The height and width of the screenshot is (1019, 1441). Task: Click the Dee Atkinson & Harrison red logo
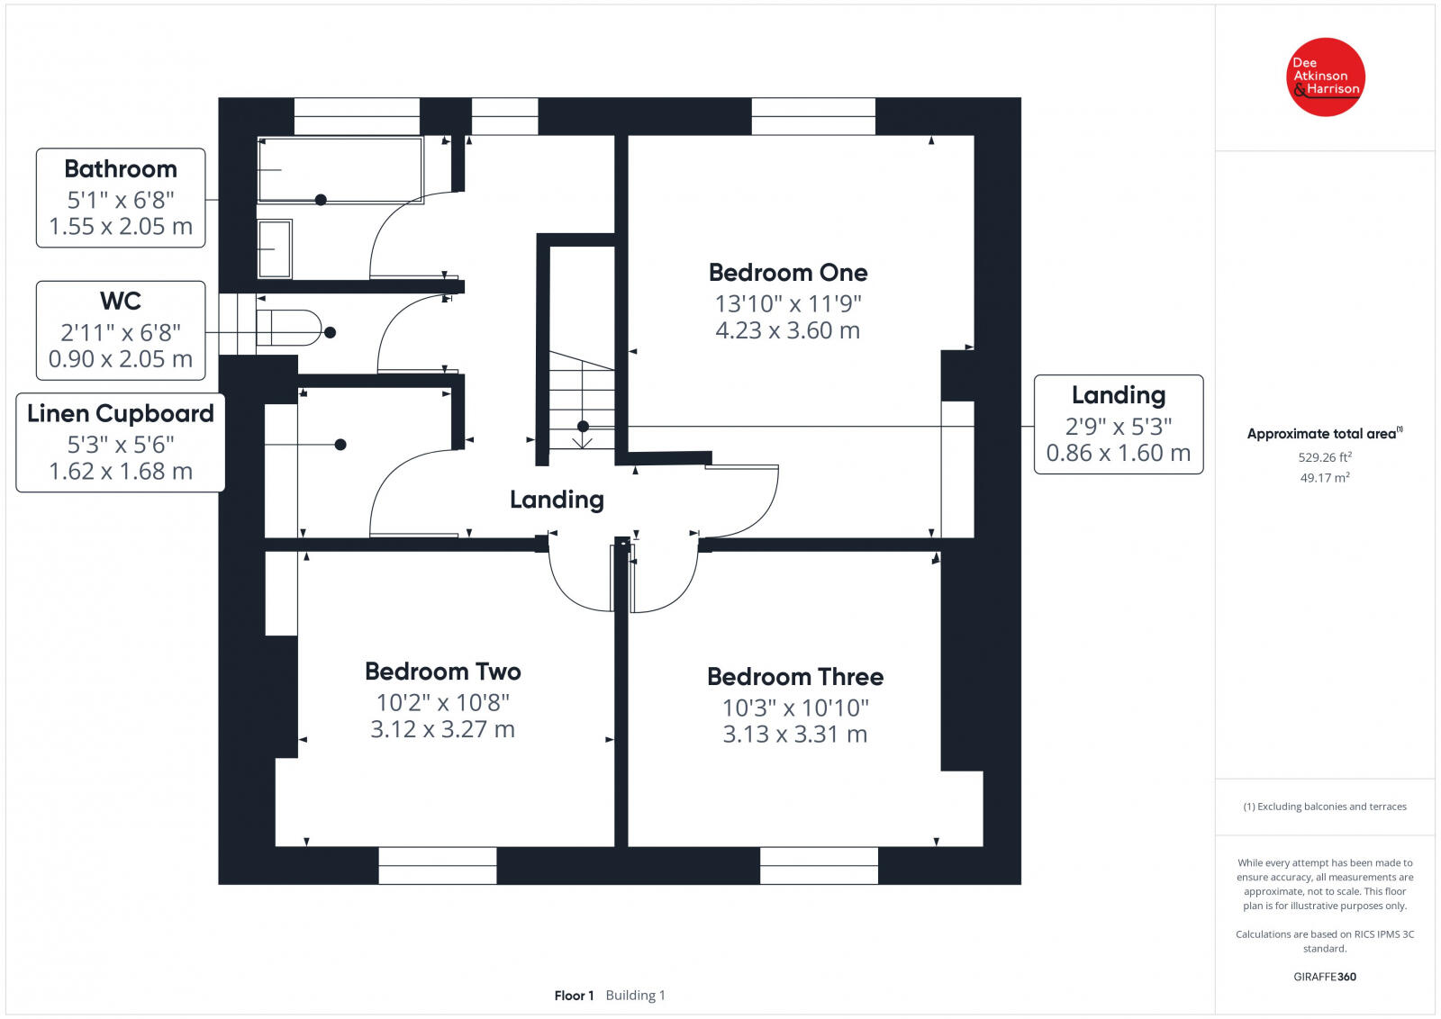(1326, 77)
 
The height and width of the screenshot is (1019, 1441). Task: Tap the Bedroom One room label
(788, 273)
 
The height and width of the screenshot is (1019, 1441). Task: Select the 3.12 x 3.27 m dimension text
(442, 729)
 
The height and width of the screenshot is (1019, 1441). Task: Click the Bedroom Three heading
(794, 677)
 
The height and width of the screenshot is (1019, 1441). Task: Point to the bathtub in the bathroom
(340, 168)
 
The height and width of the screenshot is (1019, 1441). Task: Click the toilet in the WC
(288, 328)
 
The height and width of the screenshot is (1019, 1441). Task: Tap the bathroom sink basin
(275, 248)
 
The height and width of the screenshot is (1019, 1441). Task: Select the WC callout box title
(121, 301)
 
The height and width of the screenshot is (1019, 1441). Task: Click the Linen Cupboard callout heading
(121, 413)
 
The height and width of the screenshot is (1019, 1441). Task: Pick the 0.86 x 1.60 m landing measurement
(1118, 453)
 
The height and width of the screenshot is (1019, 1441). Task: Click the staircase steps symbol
(582, 401)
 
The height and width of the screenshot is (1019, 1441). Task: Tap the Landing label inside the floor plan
(557, 500)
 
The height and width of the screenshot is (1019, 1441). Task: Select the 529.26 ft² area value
(1325, 457)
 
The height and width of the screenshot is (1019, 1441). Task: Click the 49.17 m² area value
(1325, 478)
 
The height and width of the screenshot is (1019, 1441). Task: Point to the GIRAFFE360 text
(1325, 977)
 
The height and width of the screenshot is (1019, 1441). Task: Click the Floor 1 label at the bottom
(574, 996)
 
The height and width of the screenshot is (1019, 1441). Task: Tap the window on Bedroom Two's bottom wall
(438, 865)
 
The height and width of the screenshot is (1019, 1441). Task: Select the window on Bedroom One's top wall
(813, 116)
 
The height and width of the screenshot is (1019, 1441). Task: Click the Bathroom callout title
(121, 169)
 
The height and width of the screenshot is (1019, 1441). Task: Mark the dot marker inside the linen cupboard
(340, 444)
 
